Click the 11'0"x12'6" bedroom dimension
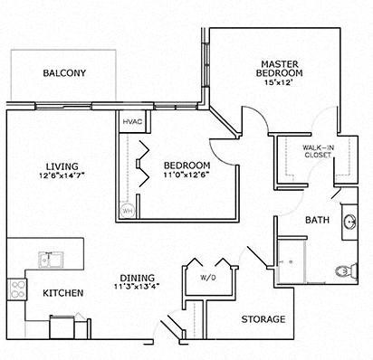pos(186,177)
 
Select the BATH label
pos(316,220)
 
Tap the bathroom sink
pos(348,223)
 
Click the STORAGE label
pos(263,319)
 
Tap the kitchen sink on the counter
pos(49,259)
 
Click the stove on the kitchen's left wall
pos(17,289)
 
